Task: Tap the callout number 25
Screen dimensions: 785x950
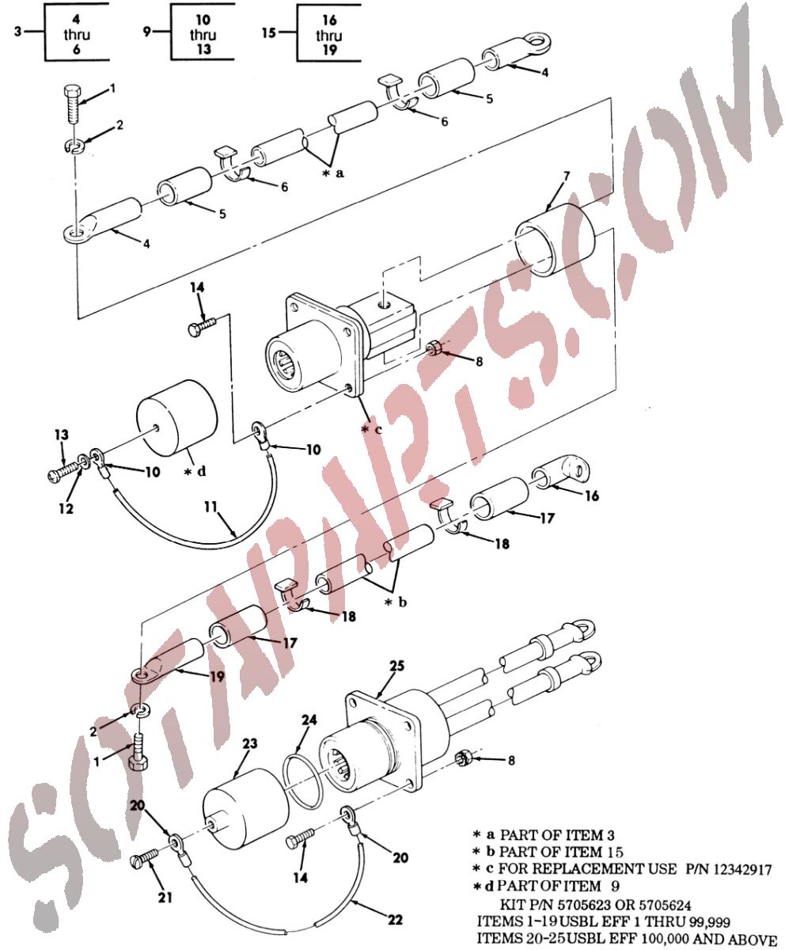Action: tap(397, 666)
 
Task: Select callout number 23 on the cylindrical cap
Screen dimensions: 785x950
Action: tap(250, 743)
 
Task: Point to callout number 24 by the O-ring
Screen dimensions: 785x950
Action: tap(309, 720)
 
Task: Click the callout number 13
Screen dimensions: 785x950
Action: tap(62, 435)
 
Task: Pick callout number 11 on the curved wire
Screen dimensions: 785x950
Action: tap(210, 507)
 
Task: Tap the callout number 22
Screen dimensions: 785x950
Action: tap(395, 919)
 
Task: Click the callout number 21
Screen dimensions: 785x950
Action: tap(165, 897)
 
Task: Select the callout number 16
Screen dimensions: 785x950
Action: tap(591, 496)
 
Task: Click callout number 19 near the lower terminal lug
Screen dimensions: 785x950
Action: tap(217, 677)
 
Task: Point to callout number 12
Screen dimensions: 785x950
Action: tap(66, 508)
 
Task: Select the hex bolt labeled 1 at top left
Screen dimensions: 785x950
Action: tap(72, 104)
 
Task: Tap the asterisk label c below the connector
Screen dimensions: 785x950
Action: tap(372, 429)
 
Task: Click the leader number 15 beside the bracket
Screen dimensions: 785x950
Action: tap(269, 32)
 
